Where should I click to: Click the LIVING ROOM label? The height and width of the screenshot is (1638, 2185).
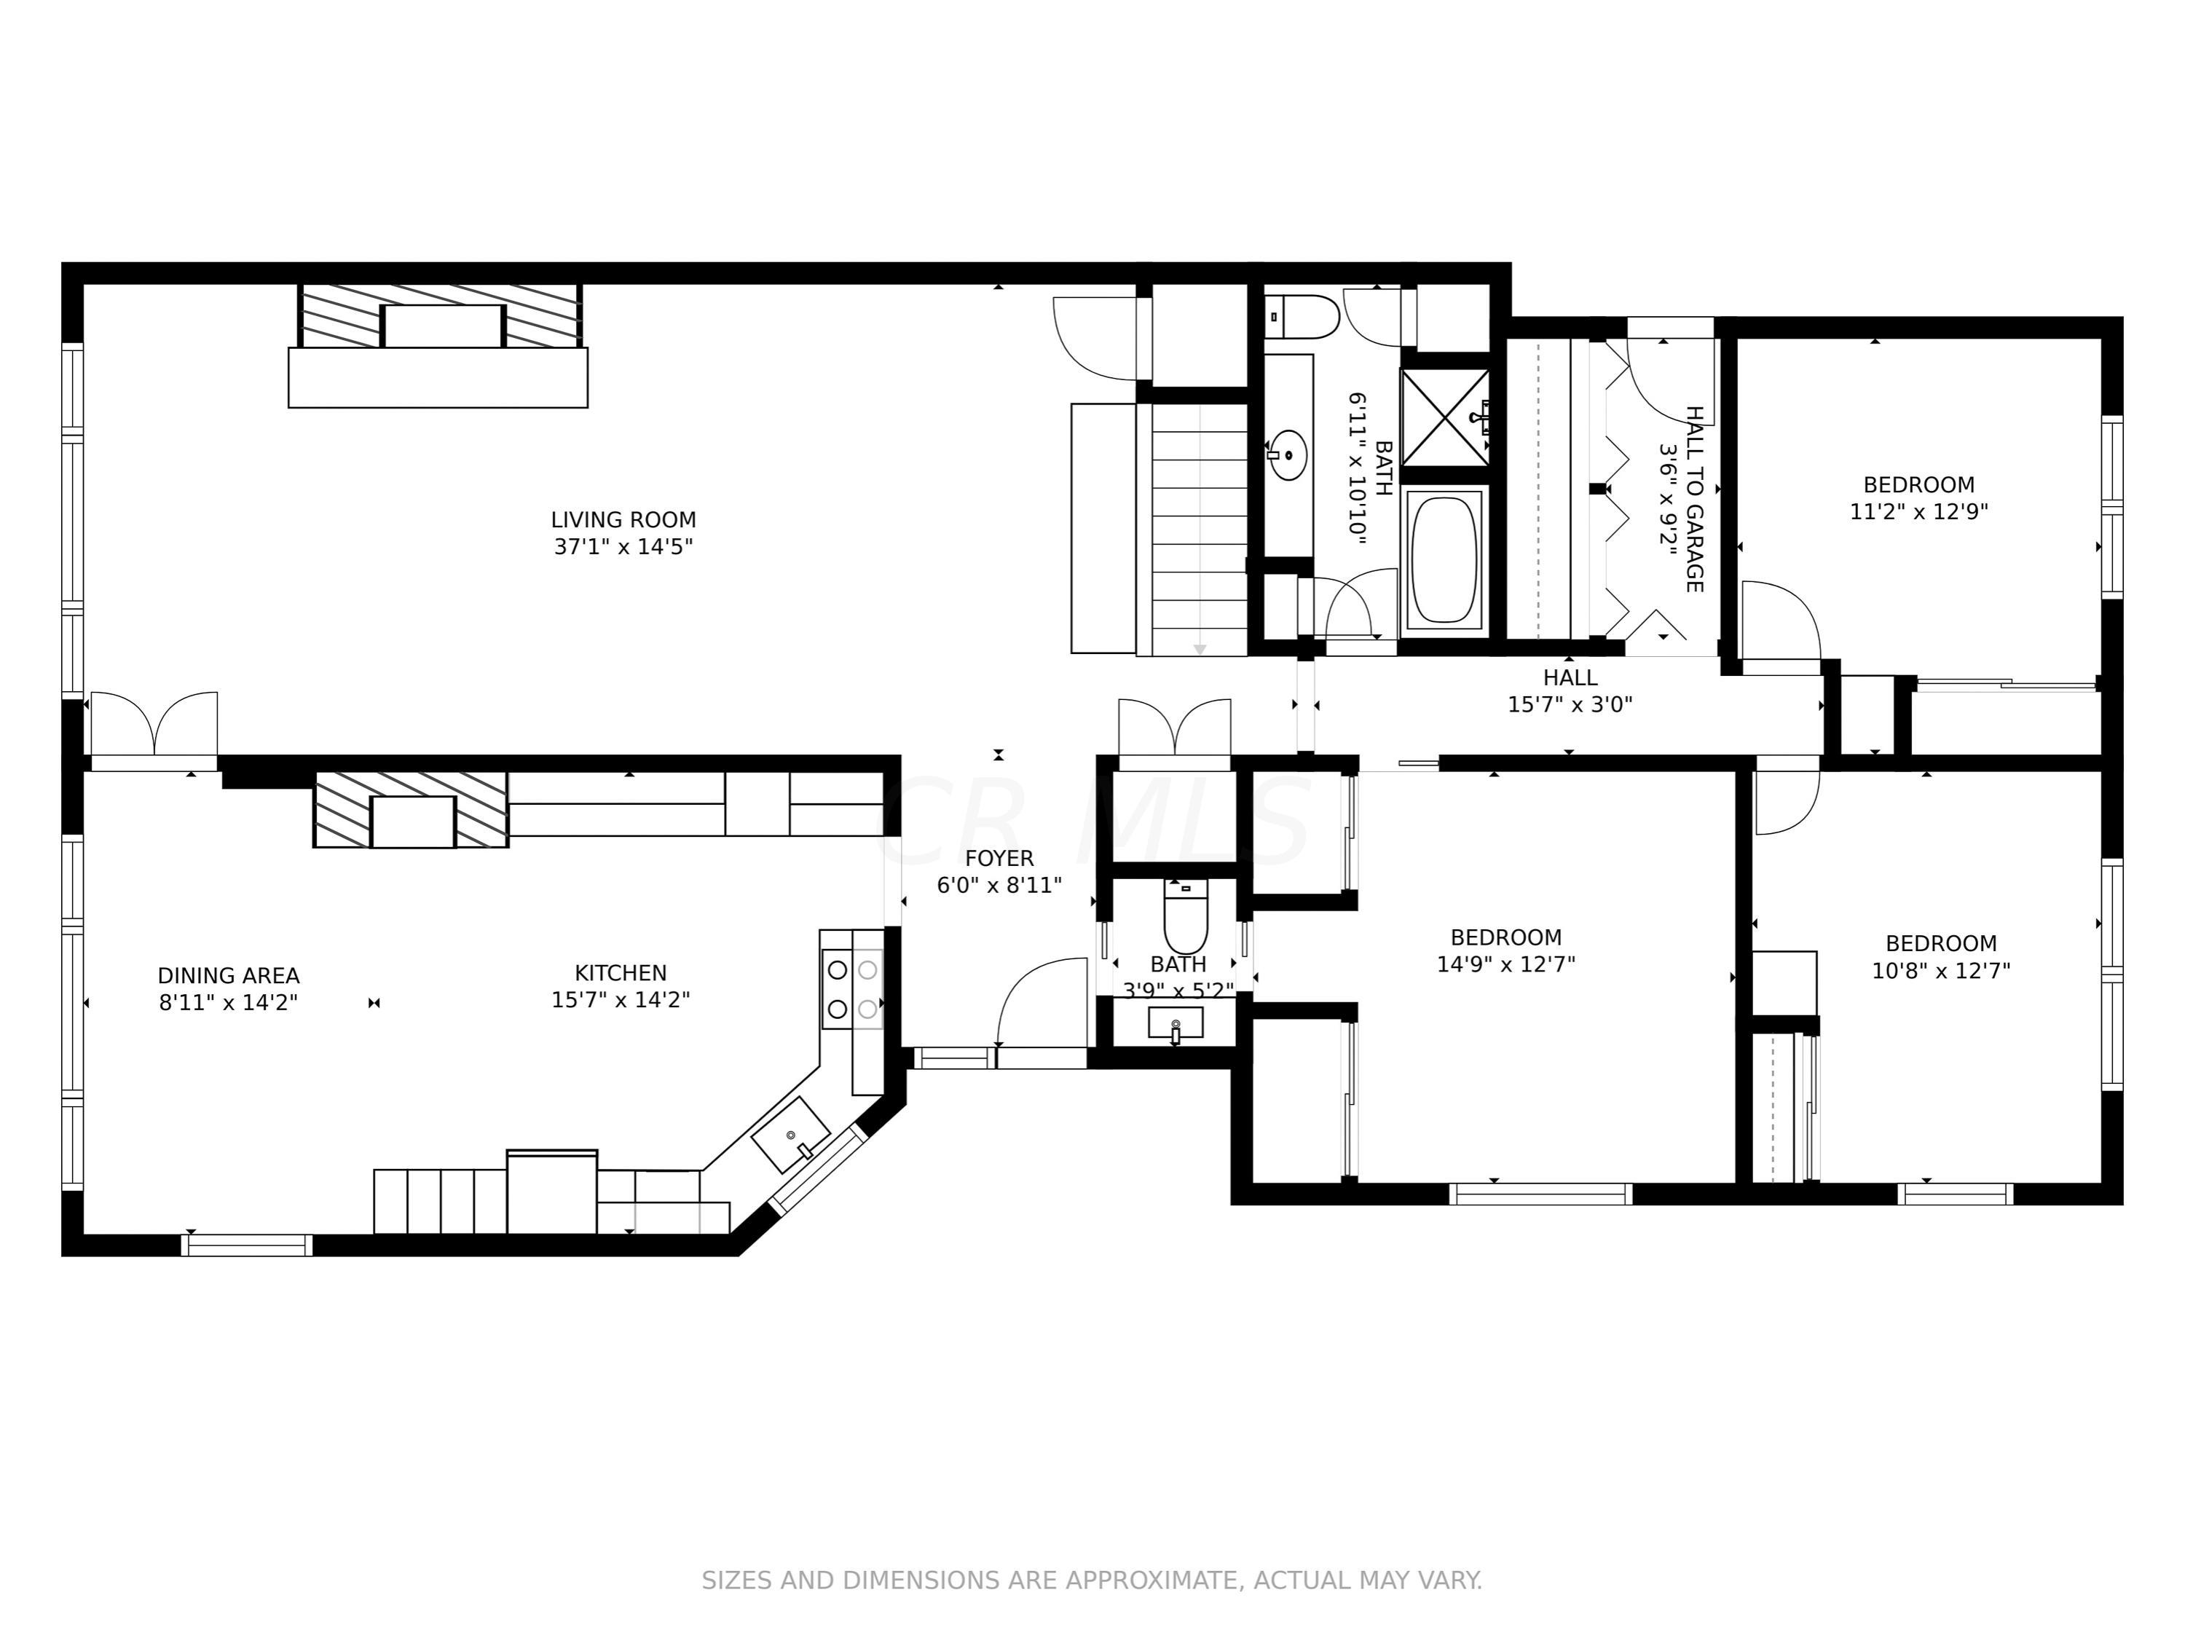tap(623, 519)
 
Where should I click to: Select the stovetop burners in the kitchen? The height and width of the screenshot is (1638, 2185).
tap(851, 990)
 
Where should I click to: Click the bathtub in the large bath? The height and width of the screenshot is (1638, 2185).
tap(1444, 559)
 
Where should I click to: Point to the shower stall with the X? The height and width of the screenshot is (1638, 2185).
tap(1445, 417)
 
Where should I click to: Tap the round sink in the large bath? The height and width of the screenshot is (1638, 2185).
tap(1287, 454)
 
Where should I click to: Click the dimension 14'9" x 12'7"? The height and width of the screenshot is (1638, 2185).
tap(1505, 964)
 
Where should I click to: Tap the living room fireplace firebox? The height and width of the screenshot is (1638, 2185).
tap(443, 326)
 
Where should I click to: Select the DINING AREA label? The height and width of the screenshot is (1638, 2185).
tap(228, 976)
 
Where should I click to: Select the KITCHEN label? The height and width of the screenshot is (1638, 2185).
tap(621, 973)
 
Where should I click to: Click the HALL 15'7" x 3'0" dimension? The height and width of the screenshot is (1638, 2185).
tap(1570, 704)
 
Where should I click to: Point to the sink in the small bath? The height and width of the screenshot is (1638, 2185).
tap(1176, 1023)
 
